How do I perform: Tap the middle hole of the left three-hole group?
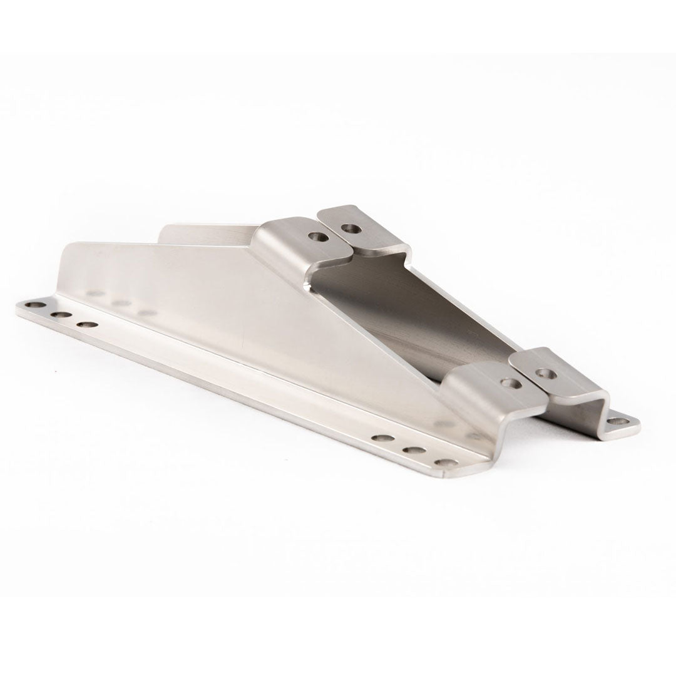61,315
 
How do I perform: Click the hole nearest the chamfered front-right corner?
446,464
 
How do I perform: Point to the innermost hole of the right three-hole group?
384,438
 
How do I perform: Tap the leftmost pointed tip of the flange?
17,307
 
